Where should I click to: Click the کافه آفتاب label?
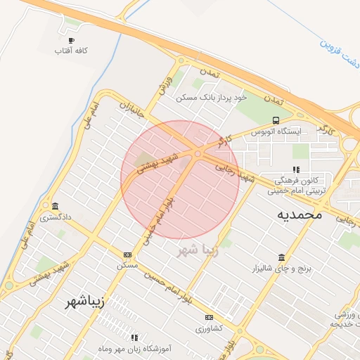[70, 51]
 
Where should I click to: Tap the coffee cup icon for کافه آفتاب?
[70, 41]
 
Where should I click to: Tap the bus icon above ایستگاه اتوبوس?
[276, 120]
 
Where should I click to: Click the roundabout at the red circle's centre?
[198, 153]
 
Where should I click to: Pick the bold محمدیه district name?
[299, 214]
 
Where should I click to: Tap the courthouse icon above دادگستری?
[55, 206]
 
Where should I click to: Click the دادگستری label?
[55, 217]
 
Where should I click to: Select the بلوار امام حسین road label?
[168, 288]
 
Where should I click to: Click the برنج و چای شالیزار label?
[281, 269]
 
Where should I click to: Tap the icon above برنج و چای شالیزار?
[281, 257]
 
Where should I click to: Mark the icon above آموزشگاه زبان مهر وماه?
[135, 337]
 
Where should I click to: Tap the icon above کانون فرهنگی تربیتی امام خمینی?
[295, 169]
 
